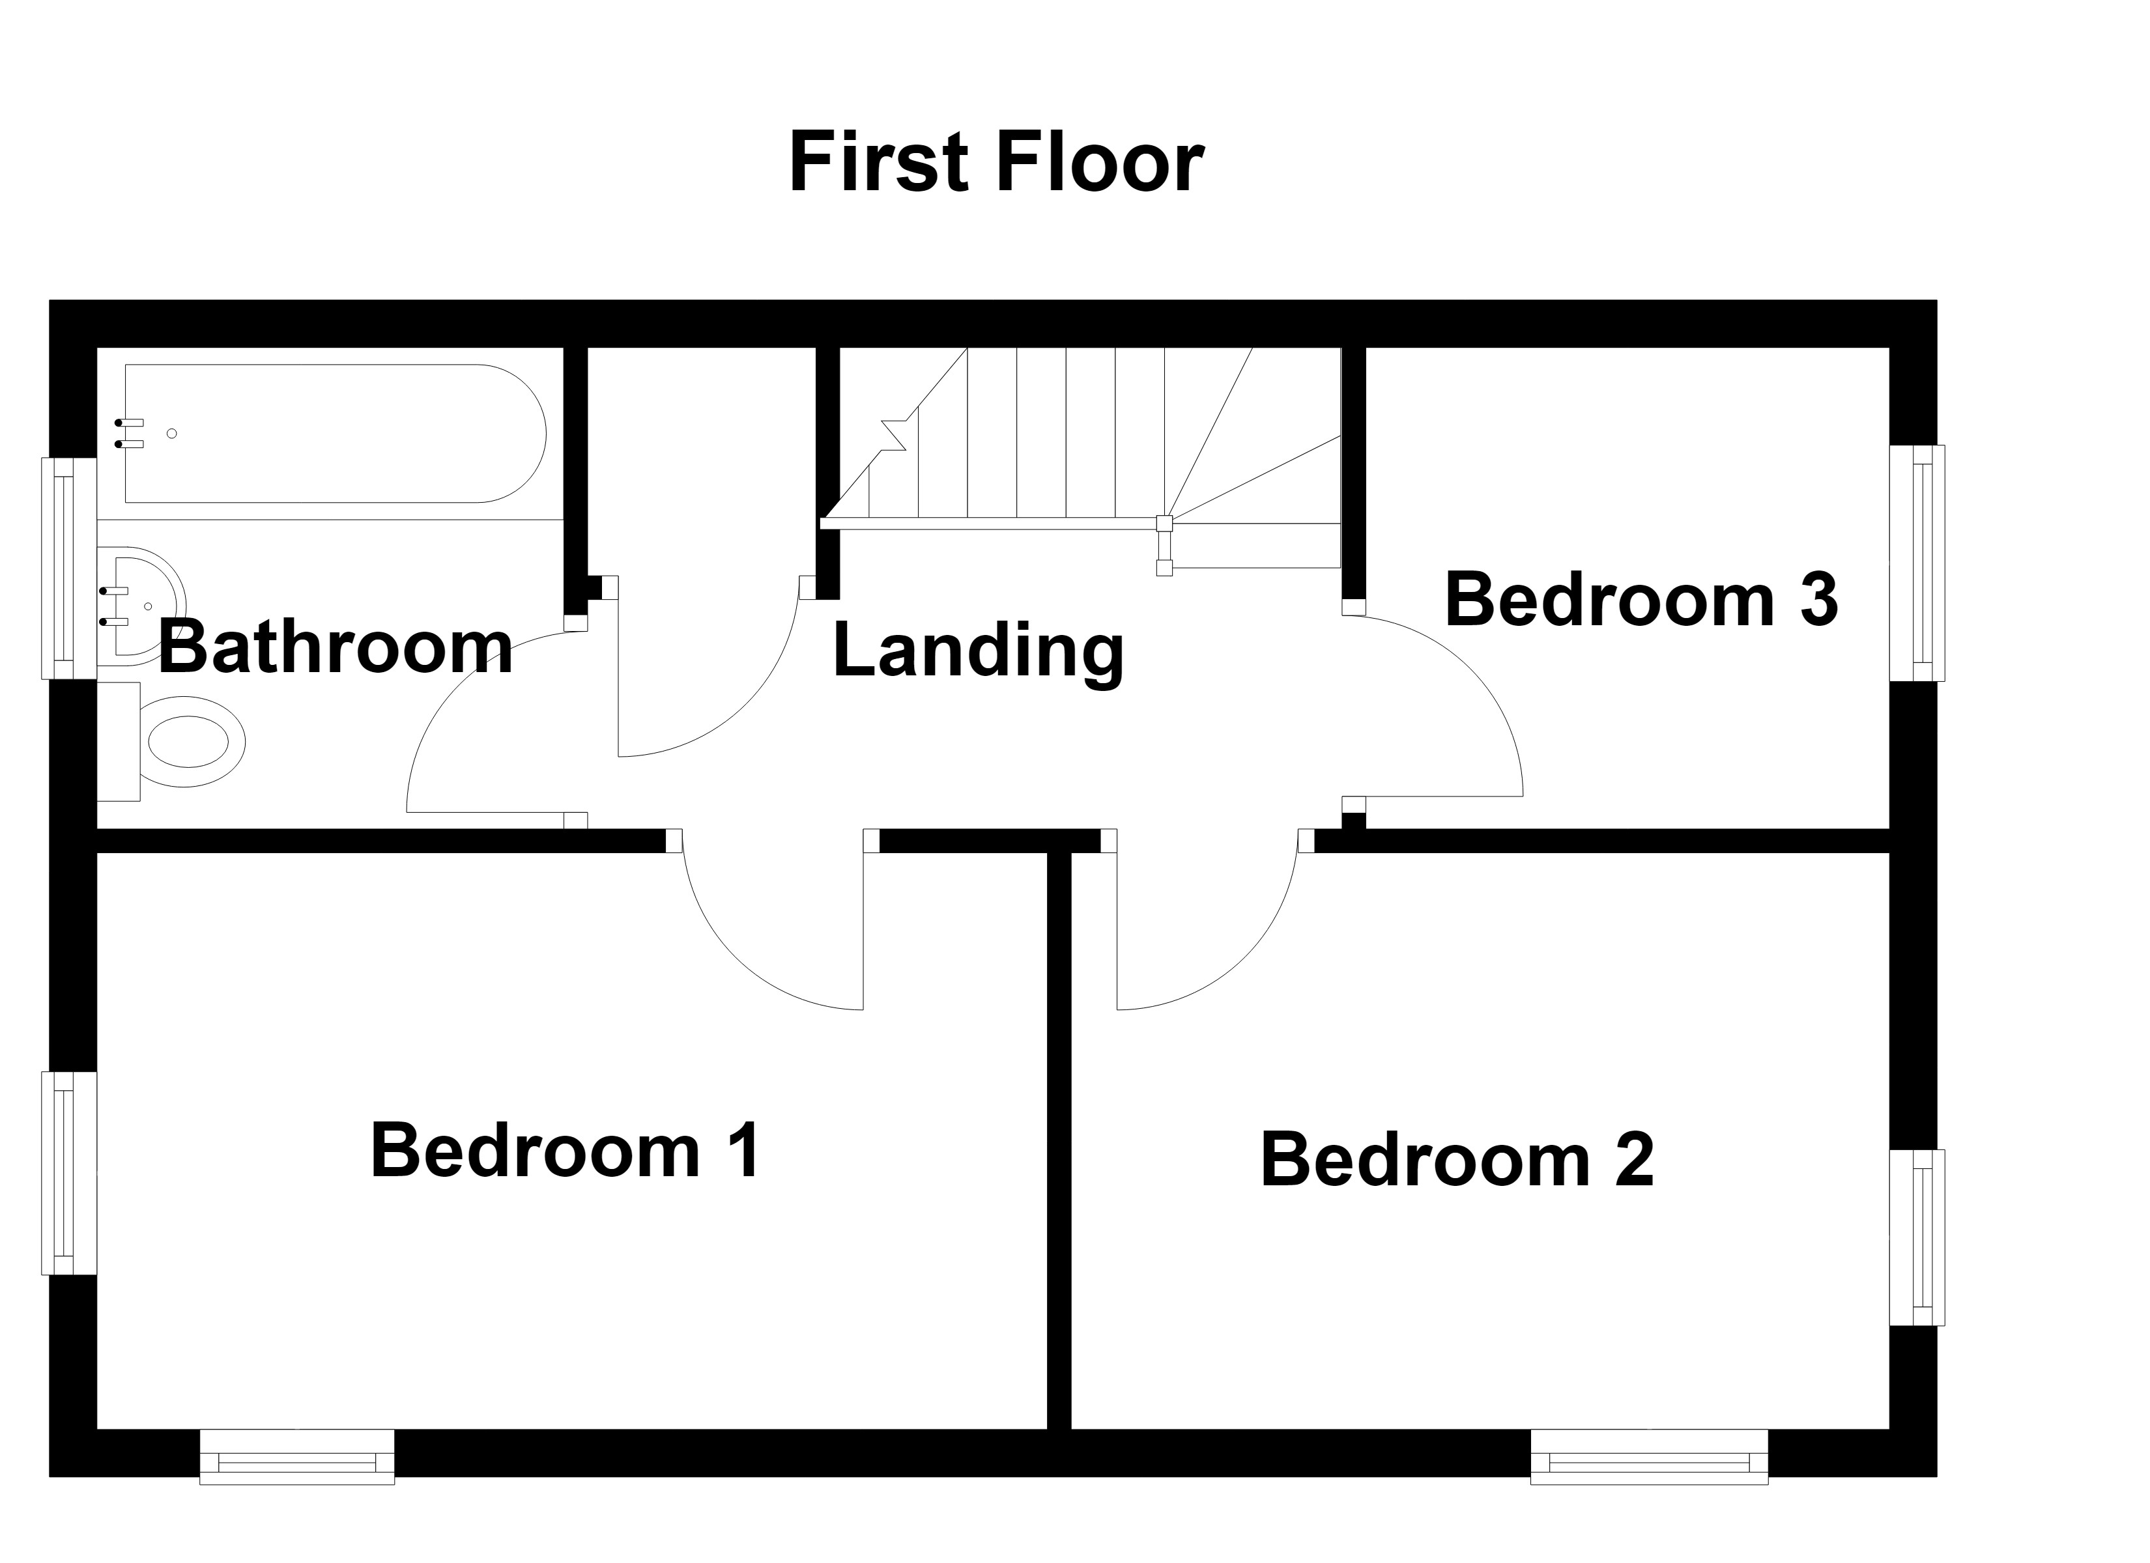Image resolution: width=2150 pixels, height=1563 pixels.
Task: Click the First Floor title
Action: tap(996, 163)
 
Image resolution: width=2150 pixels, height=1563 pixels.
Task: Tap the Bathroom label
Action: tap(336, 647)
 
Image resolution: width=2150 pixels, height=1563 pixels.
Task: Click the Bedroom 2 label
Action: tap(1457, 1159)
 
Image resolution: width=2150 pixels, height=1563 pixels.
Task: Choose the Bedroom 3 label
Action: tap(1641, 600)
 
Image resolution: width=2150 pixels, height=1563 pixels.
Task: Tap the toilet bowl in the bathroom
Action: tap(192, 741)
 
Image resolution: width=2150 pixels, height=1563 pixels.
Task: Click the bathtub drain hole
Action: tap(171, 433)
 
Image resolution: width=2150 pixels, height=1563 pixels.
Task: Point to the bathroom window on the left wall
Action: tap(69, 569)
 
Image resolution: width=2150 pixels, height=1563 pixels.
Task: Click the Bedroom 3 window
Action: tap(1917, 563)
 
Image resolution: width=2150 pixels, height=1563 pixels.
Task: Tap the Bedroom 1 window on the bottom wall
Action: tap(296, 1456)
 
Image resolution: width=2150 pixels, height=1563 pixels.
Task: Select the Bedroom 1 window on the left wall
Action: tap(69, 1174)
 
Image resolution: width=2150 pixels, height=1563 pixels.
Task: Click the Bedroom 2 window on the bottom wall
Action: tap(1650, 1456)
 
